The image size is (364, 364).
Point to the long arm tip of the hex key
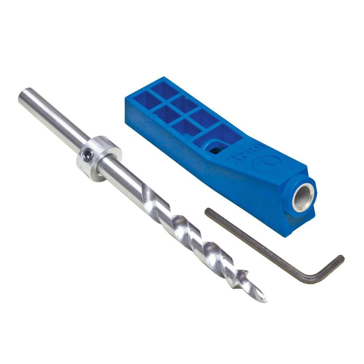pyautogui.click(x=207, y=211)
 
